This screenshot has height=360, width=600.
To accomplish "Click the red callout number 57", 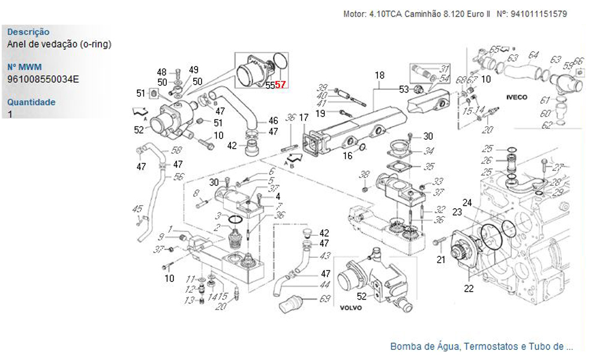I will pyautogui.click(x=281, y=86).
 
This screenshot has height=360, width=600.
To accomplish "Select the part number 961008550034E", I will pyautogui.click(x=43, y=79).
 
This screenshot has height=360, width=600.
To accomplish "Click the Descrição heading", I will pyautogui.click(x=28, y=32).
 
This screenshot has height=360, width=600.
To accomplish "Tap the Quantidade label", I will pyautogui.click(x=31, y=102).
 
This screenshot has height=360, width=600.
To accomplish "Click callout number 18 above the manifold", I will pyautogui.click(x=379, y=76).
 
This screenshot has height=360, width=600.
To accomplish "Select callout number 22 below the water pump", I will pyautogui.click(x=469, y=289).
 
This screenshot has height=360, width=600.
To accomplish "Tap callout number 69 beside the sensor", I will pyautogui.click(x=325, y=299).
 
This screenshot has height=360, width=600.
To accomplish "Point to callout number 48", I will pyautogui.click(x=162, y=72).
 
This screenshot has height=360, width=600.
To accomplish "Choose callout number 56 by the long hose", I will pyautogui.click(x=178, y=177).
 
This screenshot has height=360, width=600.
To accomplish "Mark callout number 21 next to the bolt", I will pyautogui.click(x=441, y=260).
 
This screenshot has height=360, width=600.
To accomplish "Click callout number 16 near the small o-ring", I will pyautogui.click(x=347, y=156).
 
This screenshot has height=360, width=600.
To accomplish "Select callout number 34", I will pyautogui.click(x=428, y=151).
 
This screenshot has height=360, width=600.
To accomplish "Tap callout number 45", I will pyautogui.click(x=137, y=209).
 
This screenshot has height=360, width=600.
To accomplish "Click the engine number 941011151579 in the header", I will pyautogui.click(x=539, y=14).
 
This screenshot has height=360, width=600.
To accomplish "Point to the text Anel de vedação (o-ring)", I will pyautogui.click(x=59, y=44).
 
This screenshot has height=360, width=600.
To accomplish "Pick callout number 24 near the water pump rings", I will pyautogui.click(x=467, y=202).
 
